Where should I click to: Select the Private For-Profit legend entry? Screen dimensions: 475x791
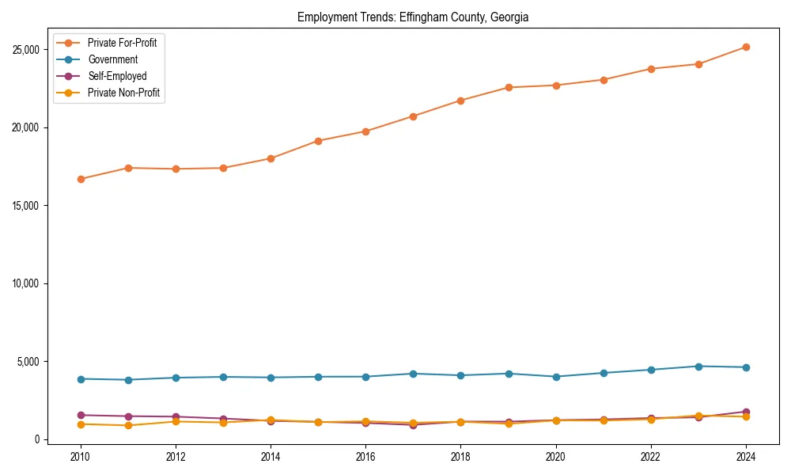pos(122,43)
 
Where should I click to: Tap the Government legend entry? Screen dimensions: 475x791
pos(112,59)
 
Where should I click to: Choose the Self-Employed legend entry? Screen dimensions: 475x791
pos(117,76)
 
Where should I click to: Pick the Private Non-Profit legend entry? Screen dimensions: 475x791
pos(124,93)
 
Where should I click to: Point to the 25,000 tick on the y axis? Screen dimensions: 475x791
pos(26,50)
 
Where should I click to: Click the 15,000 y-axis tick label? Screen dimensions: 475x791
pos(26,206)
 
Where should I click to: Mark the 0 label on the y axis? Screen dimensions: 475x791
pos(35,439)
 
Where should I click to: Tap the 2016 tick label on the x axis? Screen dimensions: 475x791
pos(365,457)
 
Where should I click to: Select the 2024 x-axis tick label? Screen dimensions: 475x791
pos(745,457)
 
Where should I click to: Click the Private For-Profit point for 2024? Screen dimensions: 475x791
pos(745,47)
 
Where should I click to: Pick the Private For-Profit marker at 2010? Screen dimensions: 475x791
pos(81,179)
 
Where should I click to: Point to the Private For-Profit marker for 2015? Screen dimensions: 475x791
pos(318,141)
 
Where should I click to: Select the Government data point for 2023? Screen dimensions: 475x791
pos(698,367)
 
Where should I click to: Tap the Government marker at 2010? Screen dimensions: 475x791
pos(81,379)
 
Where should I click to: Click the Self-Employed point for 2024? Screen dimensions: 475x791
pos(745,412)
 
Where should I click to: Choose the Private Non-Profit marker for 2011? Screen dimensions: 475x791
pos(128,425)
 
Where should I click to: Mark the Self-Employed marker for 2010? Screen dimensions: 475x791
pos(81,415)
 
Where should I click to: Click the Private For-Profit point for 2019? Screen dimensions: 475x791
pos(508,87)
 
